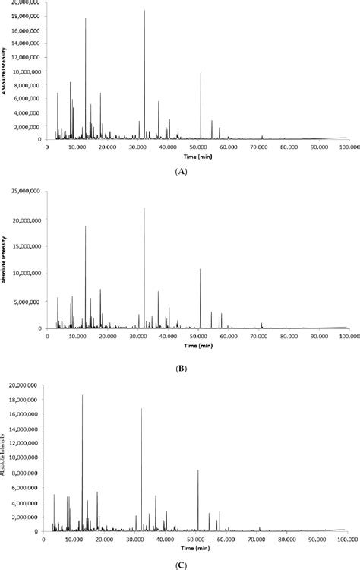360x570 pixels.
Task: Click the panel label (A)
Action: tap(180, 173)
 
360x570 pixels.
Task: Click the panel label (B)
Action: tap(180, 368)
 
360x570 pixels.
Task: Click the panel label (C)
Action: tap(180, 565)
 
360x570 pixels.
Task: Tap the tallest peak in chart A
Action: tap(144, 11)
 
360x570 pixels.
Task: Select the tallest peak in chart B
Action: tap(144, 210)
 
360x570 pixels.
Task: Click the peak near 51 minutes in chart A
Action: tap(201, 74)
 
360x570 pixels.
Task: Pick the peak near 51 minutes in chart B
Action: tap(201, 270)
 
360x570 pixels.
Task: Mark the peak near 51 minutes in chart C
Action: tap(198, 471)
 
